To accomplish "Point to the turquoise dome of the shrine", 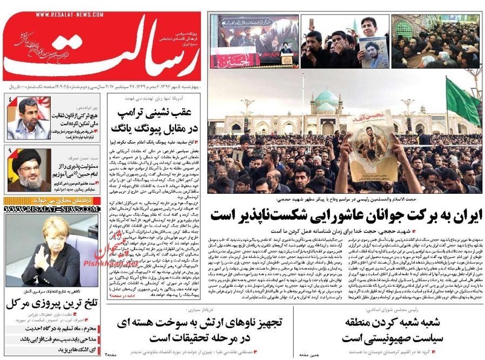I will click(326, 99).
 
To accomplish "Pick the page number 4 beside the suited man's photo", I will click(10, 100).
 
